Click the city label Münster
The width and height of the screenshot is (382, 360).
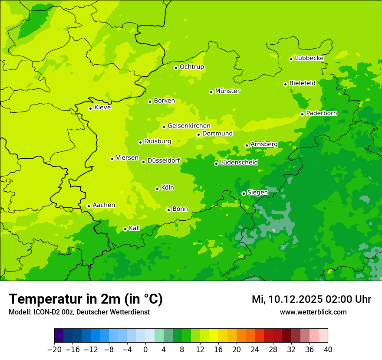(227, 91)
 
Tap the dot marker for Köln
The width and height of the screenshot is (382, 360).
(157, 189)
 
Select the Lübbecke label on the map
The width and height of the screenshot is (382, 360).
(309, 58)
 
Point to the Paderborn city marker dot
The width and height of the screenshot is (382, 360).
(302, 114)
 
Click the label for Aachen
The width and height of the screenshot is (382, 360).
(104, 205)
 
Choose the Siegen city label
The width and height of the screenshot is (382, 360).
(257, 193)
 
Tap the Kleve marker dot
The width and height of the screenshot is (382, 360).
(90, 108)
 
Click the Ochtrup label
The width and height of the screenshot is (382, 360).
(191, 67)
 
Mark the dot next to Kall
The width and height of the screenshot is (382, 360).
(125, 229)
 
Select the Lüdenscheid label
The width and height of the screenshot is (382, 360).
(239, 163)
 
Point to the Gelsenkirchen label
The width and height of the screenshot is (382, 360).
(189, 126)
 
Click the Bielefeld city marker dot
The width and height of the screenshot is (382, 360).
(285, 84)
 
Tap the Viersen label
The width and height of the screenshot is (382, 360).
(127, 158)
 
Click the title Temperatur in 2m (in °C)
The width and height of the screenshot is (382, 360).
(86, 299)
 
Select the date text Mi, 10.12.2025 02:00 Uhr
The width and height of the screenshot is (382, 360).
(311, 299)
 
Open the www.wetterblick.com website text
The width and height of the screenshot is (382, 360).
(313, 312)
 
